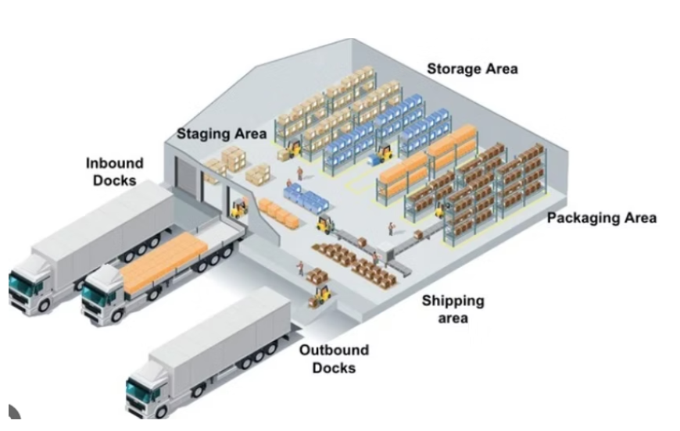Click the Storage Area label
point(472,69)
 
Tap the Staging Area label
point(221,134)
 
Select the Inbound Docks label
point(114,172)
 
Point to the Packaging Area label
point(601,218)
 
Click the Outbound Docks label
point(334,358)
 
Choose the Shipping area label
point(453,308)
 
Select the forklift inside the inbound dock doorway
point(238,208)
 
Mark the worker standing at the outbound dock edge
point(299,269)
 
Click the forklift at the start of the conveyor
point(324,225)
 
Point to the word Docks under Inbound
point(114,180)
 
